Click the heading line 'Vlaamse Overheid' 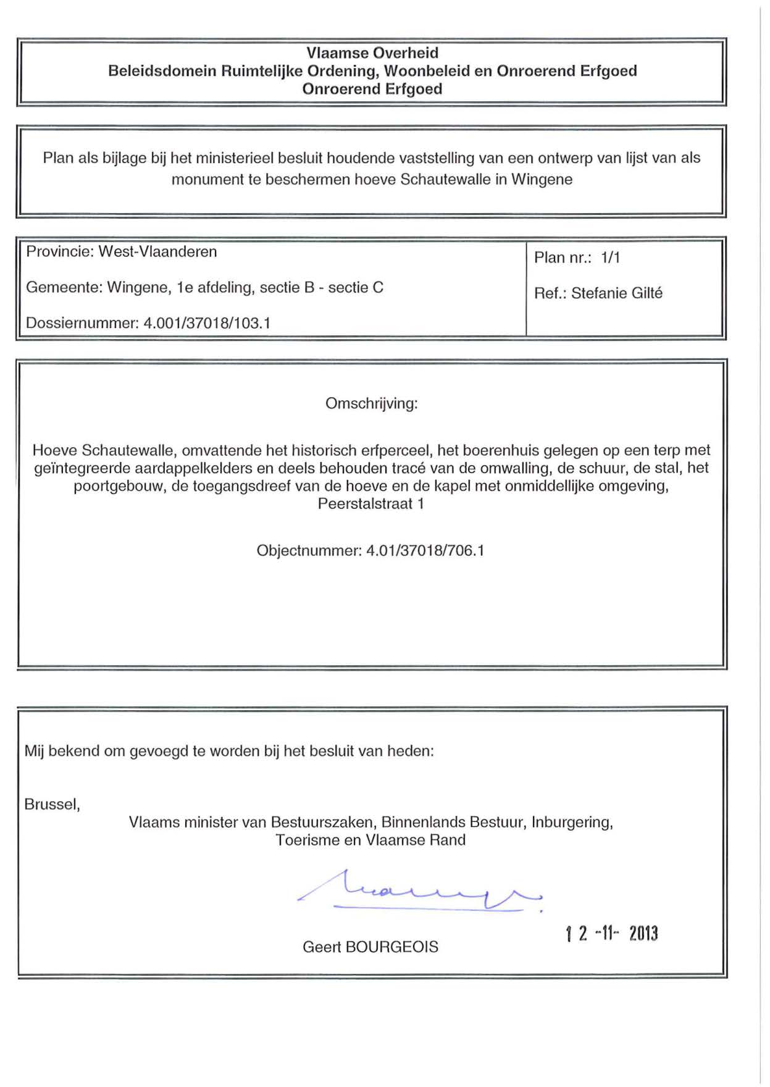[372, 53]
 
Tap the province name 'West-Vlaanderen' [158, 252]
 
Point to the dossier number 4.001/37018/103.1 [207, 323]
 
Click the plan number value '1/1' [610, 258]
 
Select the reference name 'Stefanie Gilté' [616, 293]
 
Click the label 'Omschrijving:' [372, 404]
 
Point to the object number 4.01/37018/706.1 [425, 551]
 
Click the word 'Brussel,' [52, 805]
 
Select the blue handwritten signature [420, 892]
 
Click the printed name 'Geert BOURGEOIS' [370, 947]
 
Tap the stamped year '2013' [643, 934]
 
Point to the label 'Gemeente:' [64, 288]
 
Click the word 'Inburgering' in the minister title [571, 823]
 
